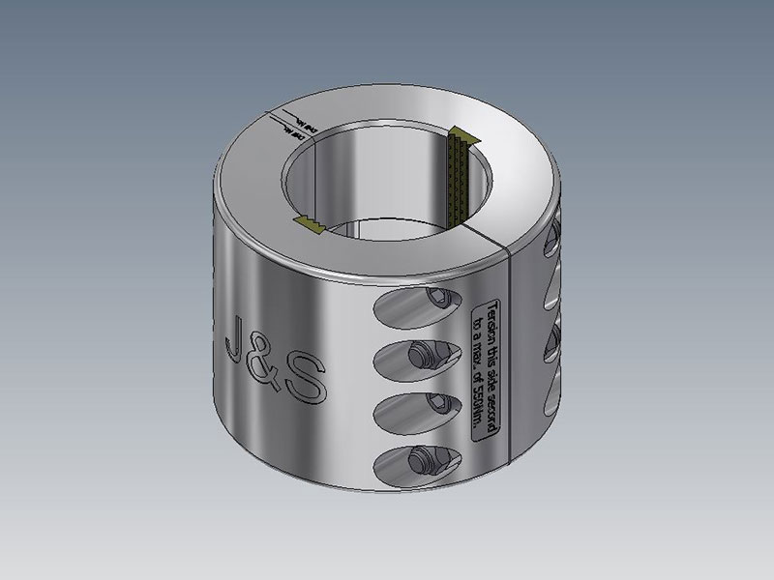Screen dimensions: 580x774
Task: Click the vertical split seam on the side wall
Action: pyautogui.click(x=509, y=348)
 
